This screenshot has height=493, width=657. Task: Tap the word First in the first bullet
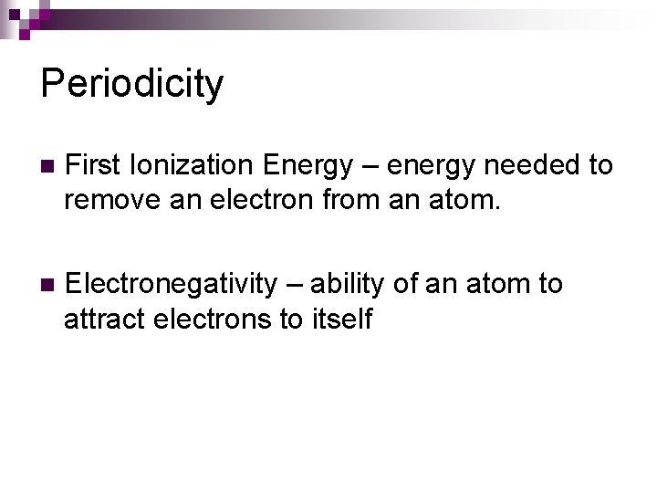[94, 165]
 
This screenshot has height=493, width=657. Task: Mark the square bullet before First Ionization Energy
[47, 167]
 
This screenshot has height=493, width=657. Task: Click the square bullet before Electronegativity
[47, 286]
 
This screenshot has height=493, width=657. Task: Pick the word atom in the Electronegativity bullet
[498, 284]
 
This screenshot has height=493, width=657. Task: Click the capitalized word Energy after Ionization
[307, 165]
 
